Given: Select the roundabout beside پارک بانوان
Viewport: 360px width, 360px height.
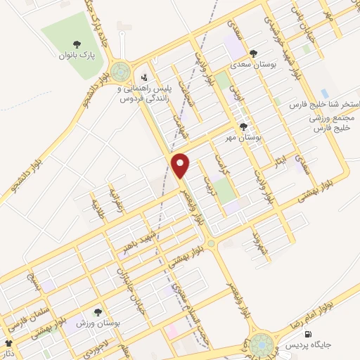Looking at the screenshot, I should (x=121, y=72).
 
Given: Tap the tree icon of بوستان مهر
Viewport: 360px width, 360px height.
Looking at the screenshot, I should (x=243, y=127).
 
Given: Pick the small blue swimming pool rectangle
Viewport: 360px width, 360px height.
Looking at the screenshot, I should (x=324, y=93).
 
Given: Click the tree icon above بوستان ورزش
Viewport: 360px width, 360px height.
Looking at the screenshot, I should (x=98, y=311).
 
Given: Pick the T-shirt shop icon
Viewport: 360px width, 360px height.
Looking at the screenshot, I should (x=8, y=343).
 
